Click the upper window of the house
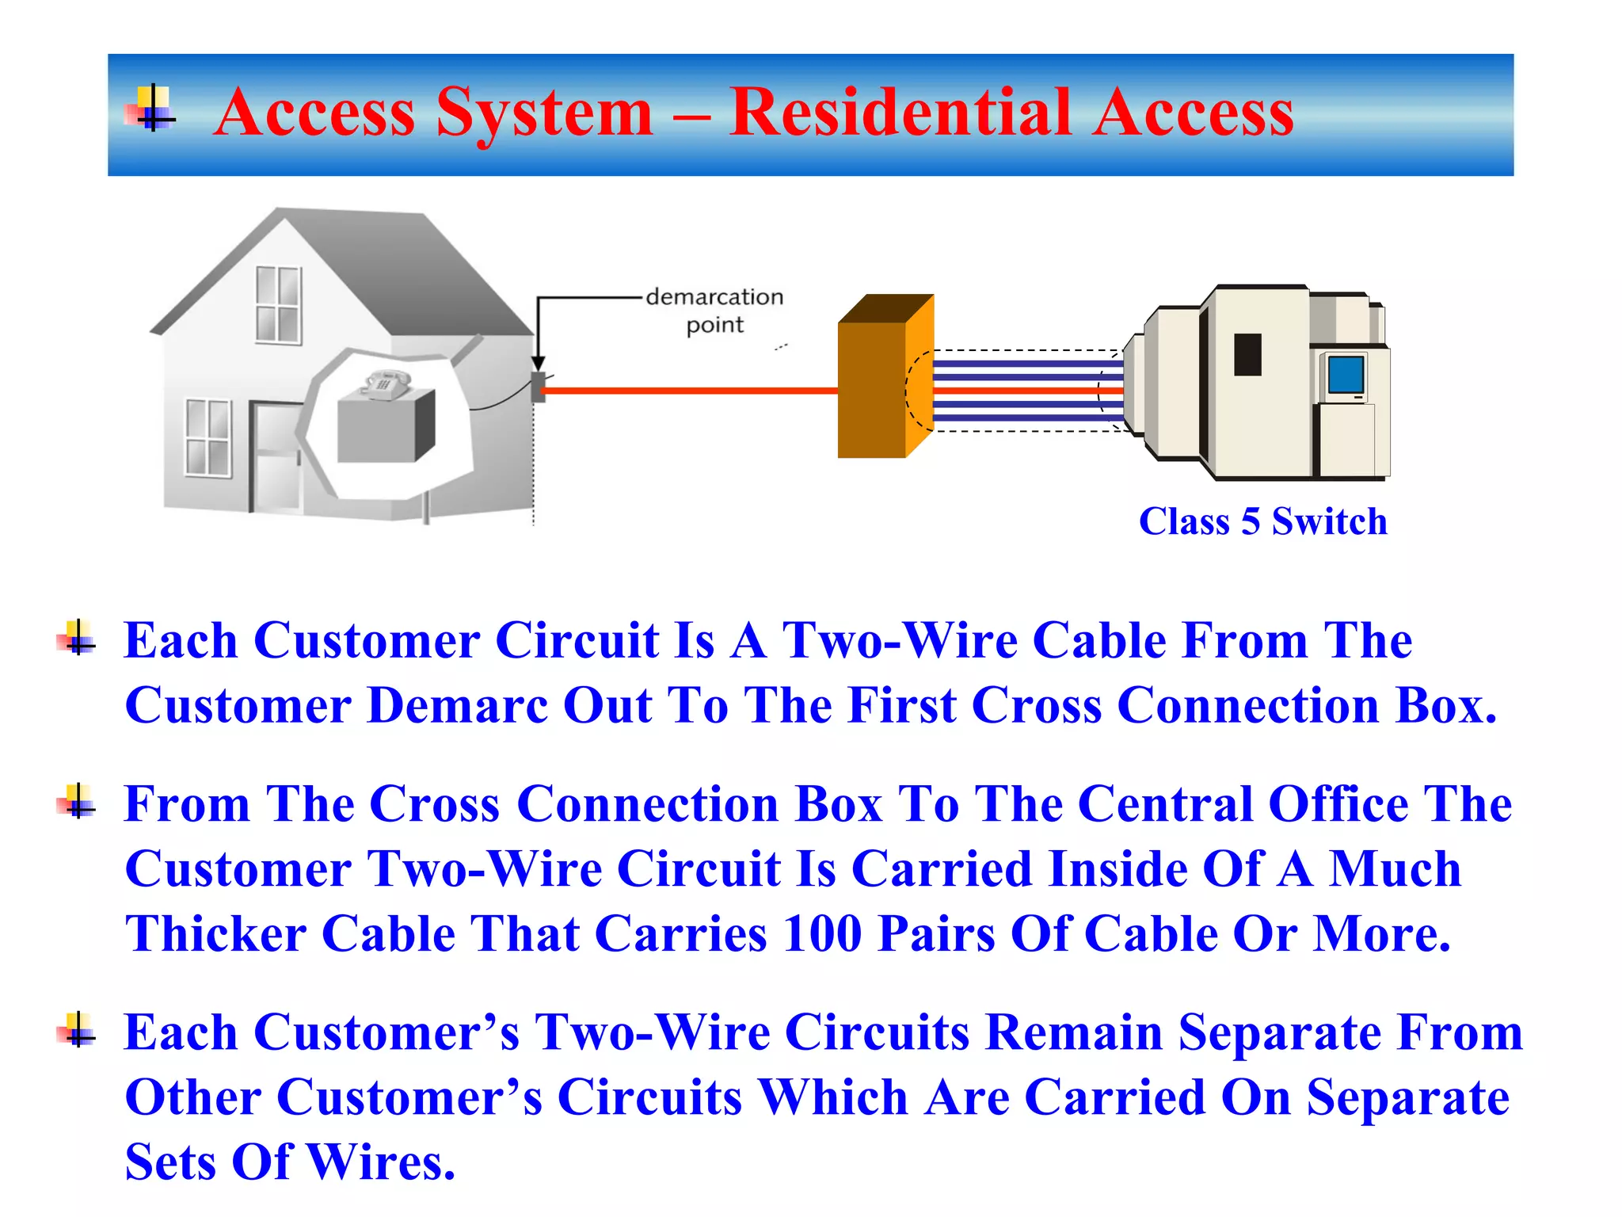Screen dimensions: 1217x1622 click(x=278, y=305)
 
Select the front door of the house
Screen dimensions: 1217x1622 click(x=276, y=456)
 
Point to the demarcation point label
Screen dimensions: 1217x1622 click(x=714, y=310)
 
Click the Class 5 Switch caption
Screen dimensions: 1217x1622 click(x=1262, y=522)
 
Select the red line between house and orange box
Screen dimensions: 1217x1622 click(x=689, y=391)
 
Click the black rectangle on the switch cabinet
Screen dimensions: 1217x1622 click(x=1247, y=354)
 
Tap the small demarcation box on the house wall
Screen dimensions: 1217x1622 click(x=538, y=387)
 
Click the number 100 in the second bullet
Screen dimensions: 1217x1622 click(x=821, y=934)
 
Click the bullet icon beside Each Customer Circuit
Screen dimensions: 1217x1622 click(x=78, y=638)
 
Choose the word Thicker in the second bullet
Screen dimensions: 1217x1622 click(x=215, y=934)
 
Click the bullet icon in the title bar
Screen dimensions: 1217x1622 click(x=150, y=109)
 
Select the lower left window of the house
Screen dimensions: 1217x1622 click(x=208, y=438)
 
